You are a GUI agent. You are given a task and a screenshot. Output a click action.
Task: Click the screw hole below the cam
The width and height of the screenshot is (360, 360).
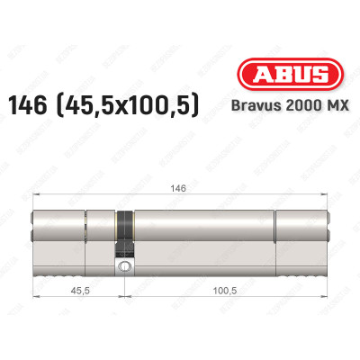(123, 267)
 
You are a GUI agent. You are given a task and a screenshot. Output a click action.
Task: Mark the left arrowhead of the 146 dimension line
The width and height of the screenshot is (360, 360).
(35, 191)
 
